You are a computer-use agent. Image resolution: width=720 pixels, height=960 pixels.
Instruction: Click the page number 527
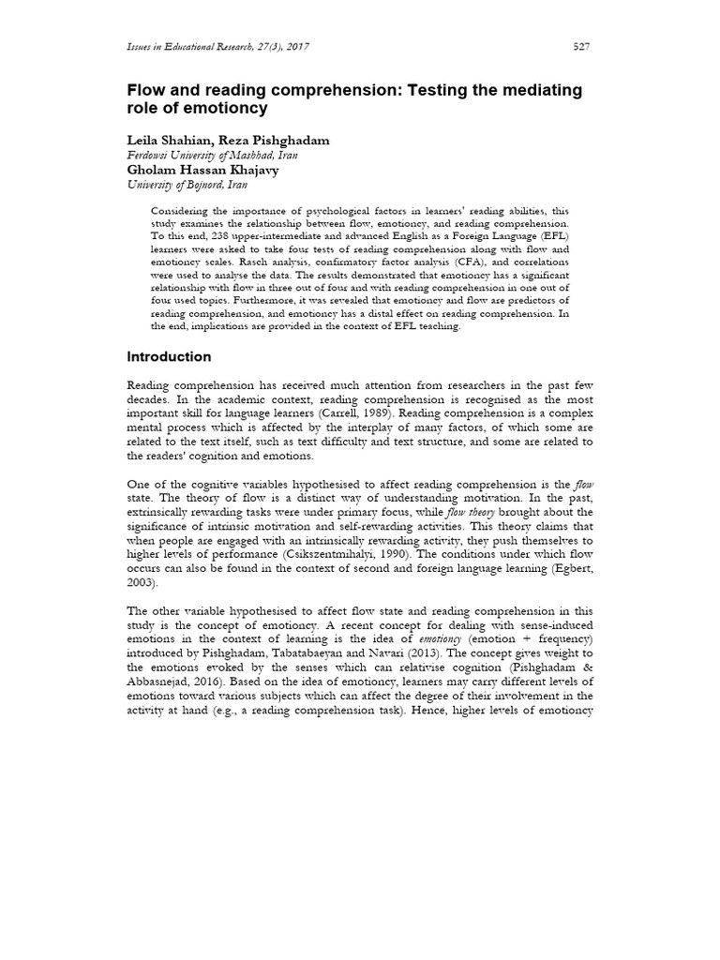pyautogui.click(x=581, y=48)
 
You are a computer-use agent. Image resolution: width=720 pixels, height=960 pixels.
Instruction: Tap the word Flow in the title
pyautogui.click(x=144, y=90)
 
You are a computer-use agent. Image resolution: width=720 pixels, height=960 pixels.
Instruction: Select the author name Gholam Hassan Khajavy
pyautogui.click(x=202, y=171)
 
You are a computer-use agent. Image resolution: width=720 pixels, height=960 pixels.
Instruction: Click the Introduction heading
pyautogui.click(x=169, y=357)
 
